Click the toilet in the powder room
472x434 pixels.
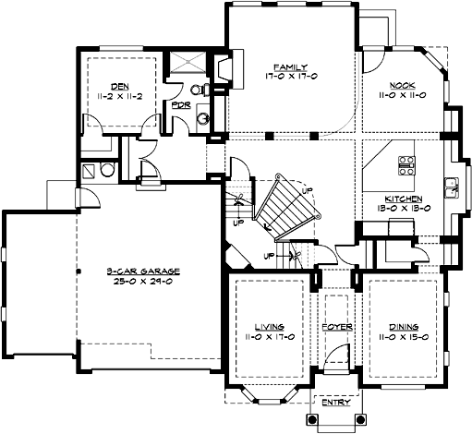pyautogui.click(x=196, y=90)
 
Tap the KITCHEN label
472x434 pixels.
pyautogui.click(x=404, y=199)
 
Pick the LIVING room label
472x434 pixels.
pyautogui.click(x=270, y=326)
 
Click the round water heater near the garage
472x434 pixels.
pyautogui.click(x=106, y=171)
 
